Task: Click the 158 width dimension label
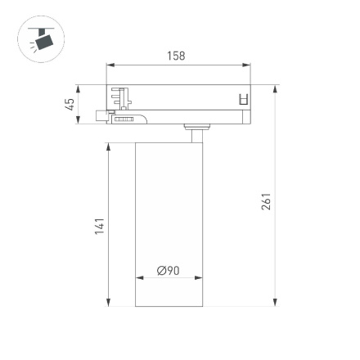[x=175, y=56]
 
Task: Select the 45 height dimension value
[x=70, y=104]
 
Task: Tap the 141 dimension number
[x=99, y=225]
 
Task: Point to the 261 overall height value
[x=266, y=202]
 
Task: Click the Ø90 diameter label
[x=168, y=270]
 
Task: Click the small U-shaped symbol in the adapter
[x=241, y=100]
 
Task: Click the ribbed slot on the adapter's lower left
[x=124, y=119]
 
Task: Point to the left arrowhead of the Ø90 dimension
[x=138, y=278]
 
